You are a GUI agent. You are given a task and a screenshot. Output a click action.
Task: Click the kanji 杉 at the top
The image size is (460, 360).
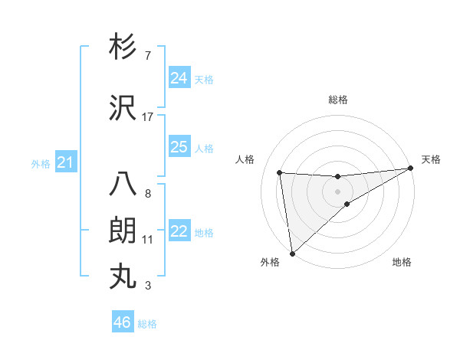(x=123, y=47)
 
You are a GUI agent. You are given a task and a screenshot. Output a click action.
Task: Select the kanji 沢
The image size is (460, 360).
(x=123, y=109)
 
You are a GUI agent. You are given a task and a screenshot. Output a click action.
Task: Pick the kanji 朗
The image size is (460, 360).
(x=123, y=231)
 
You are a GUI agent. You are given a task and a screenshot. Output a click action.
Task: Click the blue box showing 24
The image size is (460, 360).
(x=179, y=78)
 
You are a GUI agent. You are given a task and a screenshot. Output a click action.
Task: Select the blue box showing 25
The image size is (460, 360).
(x=179, y=147)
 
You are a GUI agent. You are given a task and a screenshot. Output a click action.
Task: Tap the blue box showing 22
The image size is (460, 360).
(x=179, y=232)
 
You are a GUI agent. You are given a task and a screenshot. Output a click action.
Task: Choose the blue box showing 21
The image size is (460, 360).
(x=66, y=162)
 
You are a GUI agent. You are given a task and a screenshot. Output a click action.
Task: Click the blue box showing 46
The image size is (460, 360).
(x=123, y=322)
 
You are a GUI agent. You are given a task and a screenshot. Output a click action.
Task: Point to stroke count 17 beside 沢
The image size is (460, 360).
(x=148, y=117)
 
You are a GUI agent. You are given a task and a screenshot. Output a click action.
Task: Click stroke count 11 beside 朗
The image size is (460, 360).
(x=148, y=240)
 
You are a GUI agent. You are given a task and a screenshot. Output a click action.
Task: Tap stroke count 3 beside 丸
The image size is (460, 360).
(x=148, y=286)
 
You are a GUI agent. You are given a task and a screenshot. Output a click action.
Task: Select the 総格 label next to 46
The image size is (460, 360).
(x=147, y=324)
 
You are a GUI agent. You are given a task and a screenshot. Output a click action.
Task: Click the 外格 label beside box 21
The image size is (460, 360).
(x=41, y=163)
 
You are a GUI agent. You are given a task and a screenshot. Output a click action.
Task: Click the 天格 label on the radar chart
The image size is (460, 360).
(x=432, y=159)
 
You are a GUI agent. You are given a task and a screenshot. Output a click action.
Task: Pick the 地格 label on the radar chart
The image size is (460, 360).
(x=402, y=262)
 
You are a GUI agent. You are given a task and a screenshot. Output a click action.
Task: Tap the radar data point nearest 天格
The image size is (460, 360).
(x=411, y=169)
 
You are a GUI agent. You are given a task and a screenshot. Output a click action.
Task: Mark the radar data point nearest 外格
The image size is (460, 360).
(x=292, y=253)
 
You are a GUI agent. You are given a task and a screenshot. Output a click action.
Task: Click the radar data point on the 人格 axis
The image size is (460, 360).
(x=280, y=172)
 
